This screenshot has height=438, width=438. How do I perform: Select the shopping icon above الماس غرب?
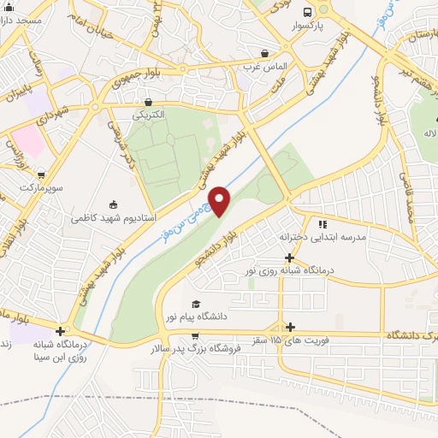coord(265,53)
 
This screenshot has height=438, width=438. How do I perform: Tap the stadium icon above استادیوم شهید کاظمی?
coord(112,204)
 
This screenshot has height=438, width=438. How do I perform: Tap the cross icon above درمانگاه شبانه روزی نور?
coord(290,257)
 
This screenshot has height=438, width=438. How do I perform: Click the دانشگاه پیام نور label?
coord(198,317)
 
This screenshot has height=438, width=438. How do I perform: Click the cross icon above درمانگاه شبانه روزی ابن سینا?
coord(60,332)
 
